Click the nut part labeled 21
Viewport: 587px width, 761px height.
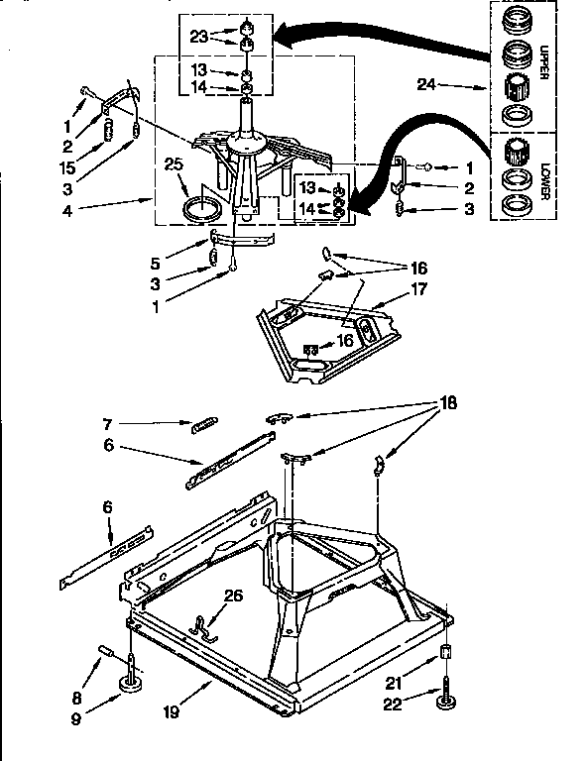(x=446, y=655)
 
